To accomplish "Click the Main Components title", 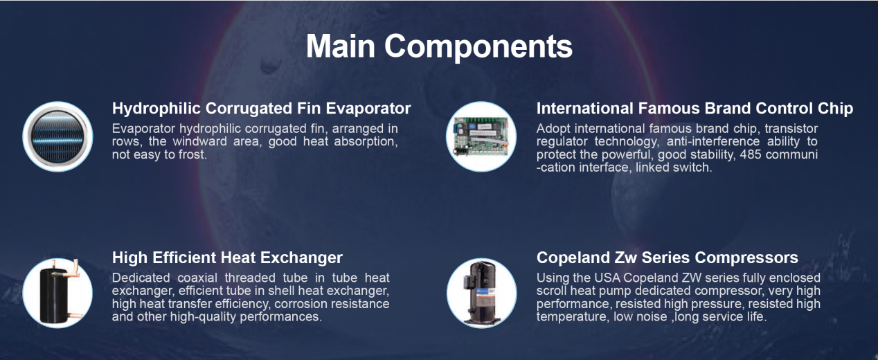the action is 439,46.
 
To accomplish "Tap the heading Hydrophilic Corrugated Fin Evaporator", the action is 262,109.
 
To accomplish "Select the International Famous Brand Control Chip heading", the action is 695,109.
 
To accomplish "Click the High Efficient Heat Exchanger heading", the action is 227,258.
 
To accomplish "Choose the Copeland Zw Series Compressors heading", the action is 667,258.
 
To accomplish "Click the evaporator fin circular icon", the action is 57,136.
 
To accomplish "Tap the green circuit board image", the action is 481,136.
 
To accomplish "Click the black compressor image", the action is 482,293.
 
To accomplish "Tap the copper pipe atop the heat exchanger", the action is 73,270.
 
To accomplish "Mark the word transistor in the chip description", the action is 791,129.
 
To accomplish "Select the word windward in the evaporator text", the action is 199,141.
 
